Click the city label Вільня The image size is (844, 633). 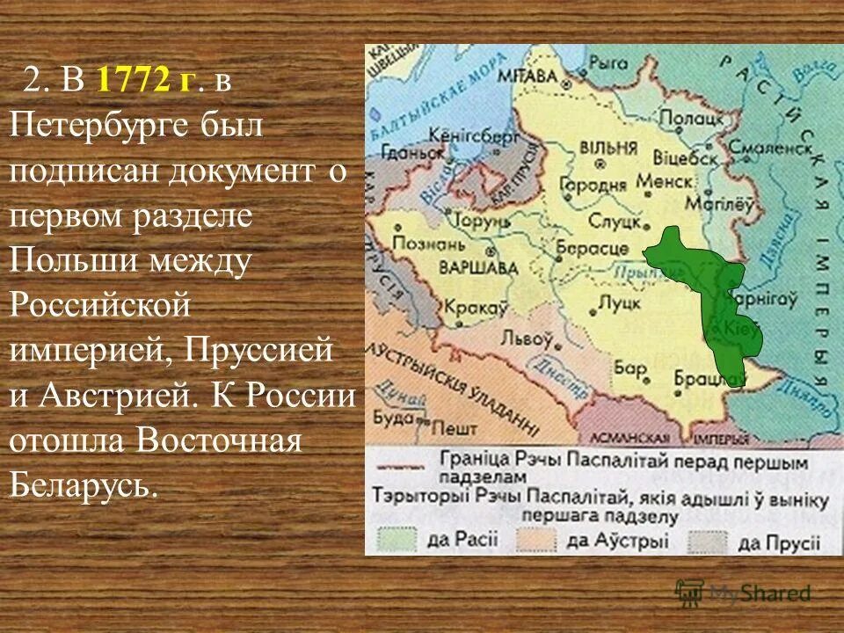click(x=602, y=148)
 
